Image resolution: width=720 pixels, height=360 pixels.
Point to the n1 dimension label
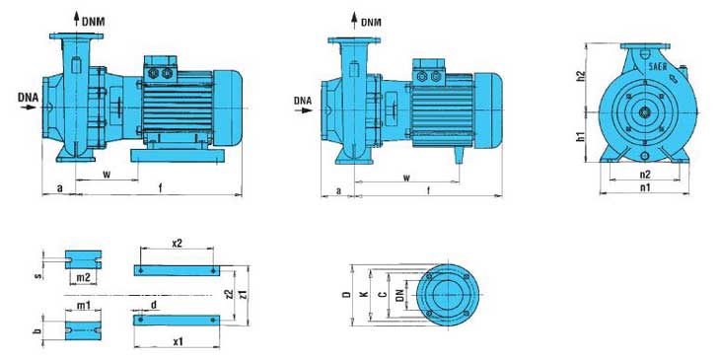tap(645, 187)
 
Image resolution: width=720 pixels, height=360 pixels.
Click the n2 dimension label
tap(645, 174)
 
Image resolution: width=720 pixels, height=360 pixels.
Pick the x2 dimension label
tap(177, 243)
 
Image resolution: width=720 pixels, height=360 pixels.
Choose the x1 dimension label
tap(179, 341)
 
